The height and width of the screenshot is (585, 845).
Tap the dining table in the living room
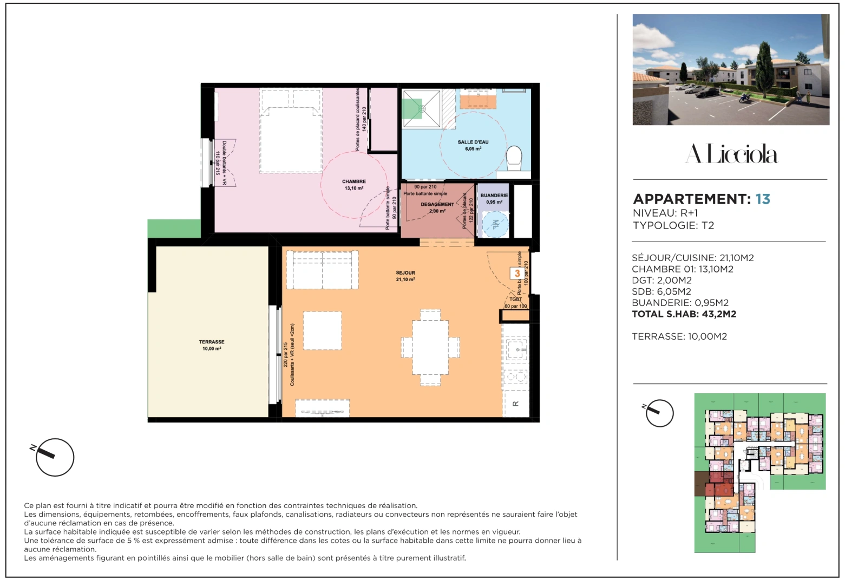[430, 347]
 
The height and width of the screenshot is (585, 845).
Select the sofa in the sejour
[322, 270]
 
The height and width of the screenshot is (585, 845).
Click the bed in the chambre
[291, 133]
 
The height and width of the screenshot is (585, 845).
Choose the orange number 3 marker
[518, 274]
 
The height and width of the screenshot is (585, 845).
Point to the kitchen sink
[517, 347]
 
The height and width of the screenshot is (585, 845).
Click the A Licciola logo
[731, 154]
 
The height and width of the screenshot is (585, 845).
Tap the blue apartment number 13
[763, 199]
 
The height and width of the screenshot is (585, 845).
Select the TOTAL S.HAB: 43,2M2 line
[684, 314]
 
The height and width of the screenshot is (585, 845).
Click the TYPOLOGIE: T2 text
[673, 226]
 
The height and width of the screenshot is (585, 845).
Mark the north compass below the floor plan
[54, 457]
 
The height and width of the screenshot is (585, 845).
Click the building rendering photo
[731, 70]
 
